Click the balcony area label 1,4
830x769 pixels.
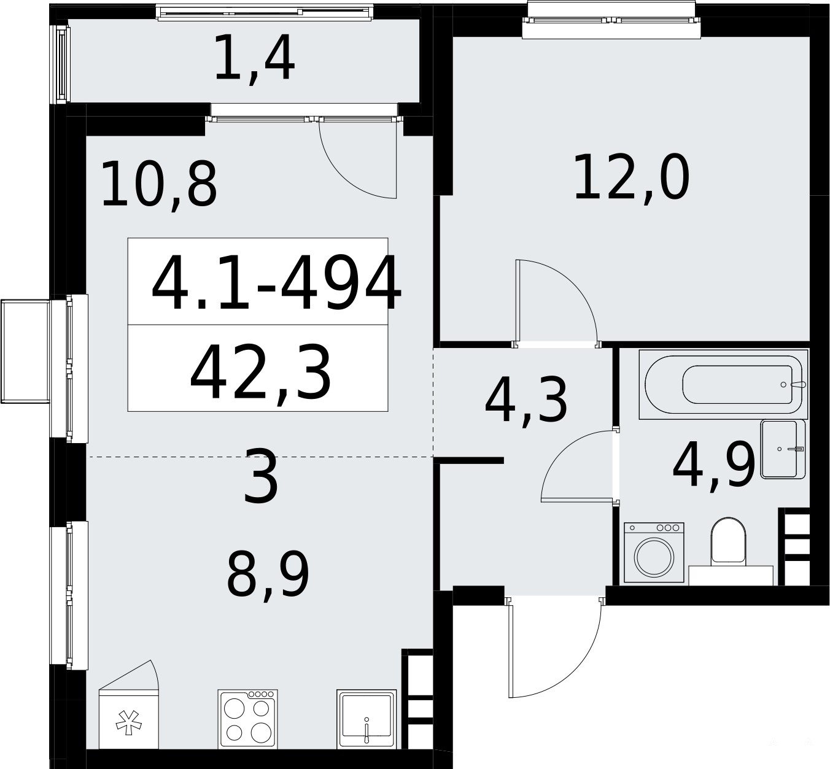pos(255,58)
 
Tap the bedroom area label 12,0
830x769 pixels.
pos(632,177)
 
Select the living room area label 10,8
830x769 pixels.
pos(159,185)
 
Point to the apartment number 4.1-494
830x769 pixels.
pos(276,284)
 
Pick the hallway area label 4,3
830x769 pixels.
pos(526,401)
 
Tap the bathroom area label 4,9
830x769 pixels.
pos(714,465)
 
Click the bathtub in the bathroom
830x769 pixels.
pos(723,384)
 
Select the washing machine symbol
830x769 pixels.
pos(654,552)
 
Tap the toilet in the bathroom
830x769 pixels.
pos(729,542)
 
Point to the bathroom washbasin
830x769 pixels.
pos(783,449)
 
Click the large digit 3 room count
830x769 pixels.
pos(260,476)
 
